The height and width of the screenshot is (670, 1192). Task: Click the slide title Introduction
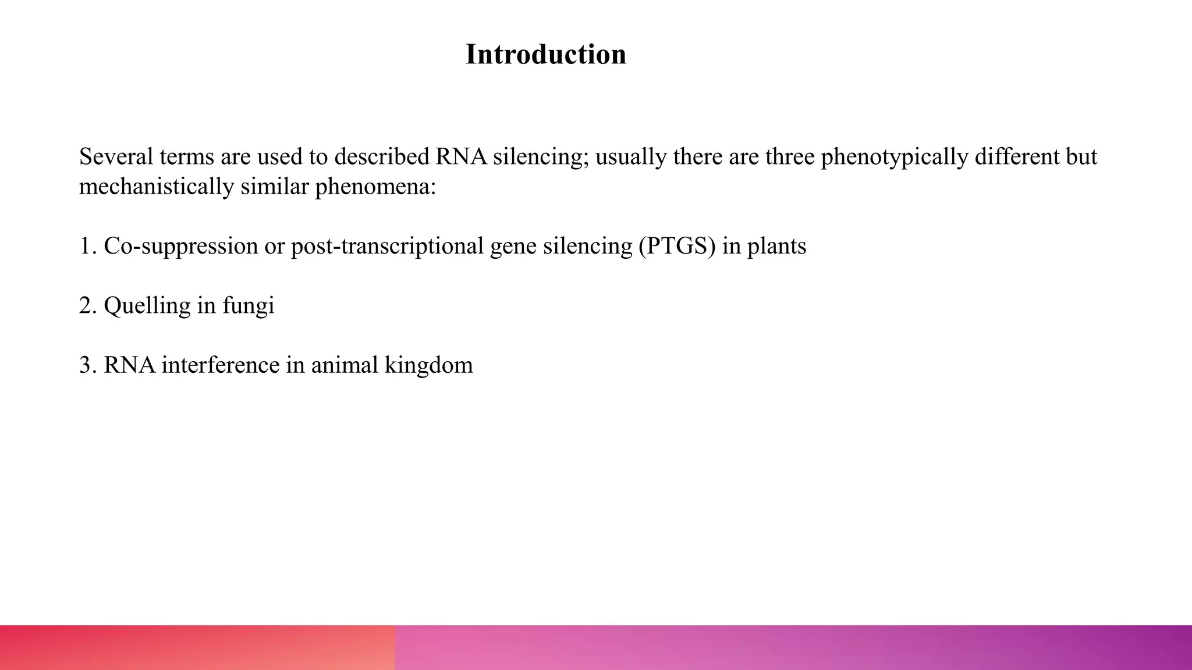click(545, 55)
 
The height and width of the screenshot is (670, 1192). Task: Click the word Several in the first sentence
click(116, 156)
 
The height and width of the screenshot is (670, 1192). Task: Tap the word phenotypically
click(894, 157)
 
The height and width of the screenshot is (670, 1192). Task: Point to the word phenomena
click(375, 187)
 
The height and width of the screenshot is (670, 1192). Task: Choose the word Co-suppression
click(180, 247)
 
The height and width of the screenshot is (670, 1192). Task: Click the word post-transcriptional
click(387, 247)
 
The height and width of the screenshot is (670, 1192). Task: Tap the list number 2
click(86, 306)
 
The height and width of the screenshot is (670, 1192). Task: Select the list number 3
click(86, 365)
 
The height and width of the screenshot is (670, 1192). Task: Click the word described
click(381, 156)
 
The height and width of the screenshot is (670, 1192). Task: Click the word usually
click(631, 157)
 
